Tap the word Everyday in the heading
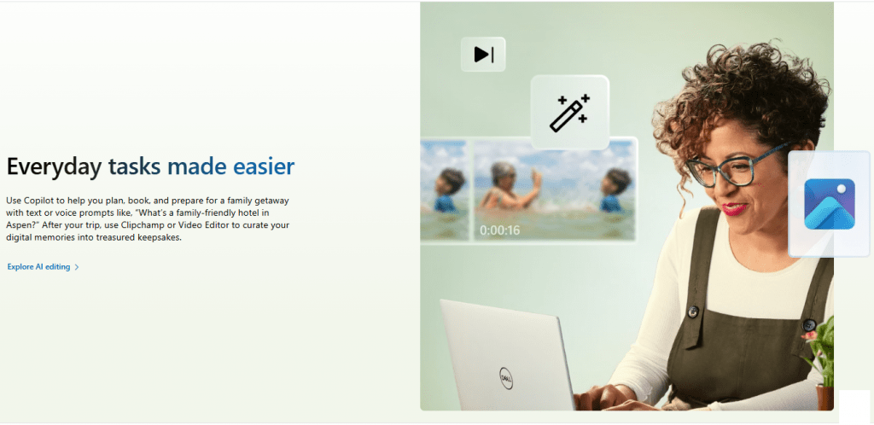point(55,167)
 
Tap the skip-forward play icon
point(483,55)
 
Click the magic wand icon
point(569,113)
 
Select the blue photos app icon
point(830,204)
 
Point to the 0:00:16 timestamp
point(499,230)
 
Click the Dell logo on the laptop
point(506,378)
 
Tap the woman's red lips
point(735,209)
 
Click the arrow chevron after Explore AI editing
point(77,267)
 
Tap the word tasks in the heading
point(135,166)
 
